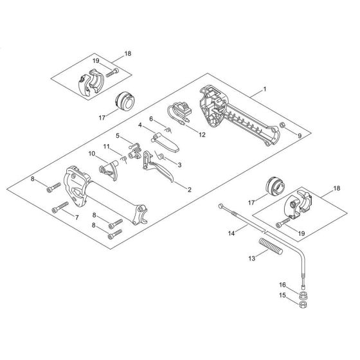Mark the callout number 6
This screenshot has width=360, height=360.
pos(152,120)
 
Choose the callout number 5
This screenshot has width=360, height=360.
pos(118,136)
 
